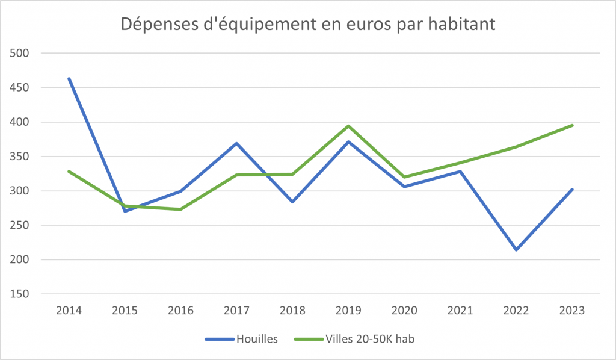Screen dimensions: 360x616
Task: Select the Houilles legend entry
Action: (241, 339)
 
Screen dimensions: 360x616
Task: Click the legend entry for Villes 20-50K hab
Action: (354, 339)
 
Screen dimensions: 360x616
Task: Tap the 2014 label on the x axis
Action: (69, 311)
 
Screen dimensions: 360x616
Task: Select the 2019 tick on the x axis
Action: (348, 311)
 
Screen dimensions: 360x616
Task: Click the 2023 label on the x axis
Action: (572, 311)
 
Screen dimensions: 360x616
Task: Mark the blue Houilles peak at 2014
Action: (69, 78)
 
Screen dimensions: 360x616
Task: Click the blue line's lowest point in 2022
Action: (516, 250)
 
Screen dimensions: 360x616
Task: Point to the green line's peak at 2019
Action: (348, 126)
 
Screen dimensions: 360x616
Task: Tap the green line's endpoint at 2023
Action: (572, 125)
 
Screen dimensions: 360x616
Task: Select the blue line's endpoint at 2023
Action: (572, 190)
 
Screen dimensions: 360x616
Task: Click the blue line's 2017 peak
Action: (237, 143)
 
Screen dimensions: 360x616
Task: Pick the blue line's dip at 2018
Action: (292, 202)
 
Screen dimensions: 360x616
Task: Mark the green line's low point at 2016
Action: (181, 209)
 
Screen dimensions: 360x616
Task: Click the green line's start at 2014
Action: (69, 171)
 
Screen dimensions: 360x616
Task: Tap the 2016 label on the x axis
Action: (181, 311)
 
